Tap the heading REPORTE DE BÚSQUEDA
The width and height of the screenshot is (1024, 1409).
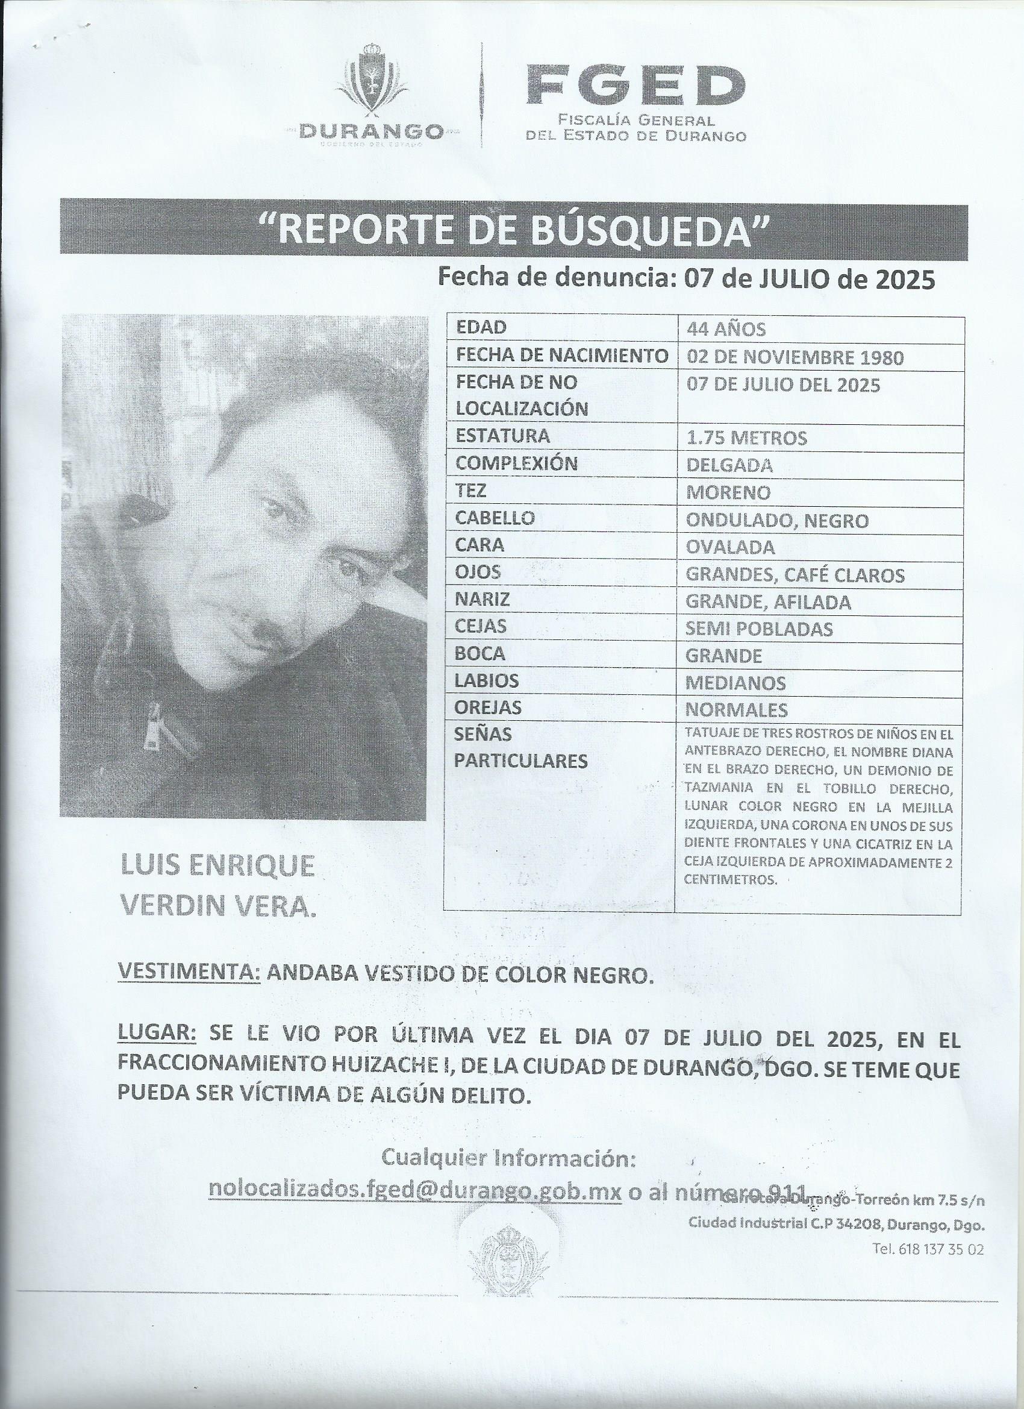pyautogui.click(x=513, y=229)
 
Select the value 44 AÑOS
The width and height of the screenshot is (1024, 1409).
pyautogui.click(x=726, y=328)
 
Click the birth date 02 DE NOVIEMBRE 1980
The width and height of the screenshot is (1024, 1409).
pyautogui.click(x=795, y=357)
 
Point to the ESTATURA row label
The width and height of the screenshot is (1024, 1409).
pyautogui.click(x=503, y=436)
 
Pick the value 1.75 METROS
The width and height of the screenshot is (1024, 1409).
pyautogui.click(x=746, y=438)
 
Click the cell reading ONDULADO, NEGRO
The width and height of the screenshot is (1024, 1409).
pyautogui.click(x=777, y=521)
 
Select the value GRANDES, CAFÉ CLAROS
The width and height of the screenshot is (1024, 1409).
pyautogui.click(x=795, y=576)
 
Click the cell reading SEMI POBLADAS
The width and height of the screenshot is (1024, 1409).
pyautogui.click(x=759, y=629)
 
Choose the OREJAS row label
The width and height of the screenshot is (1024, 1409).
pyautogui.click(x=488, y=708)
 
